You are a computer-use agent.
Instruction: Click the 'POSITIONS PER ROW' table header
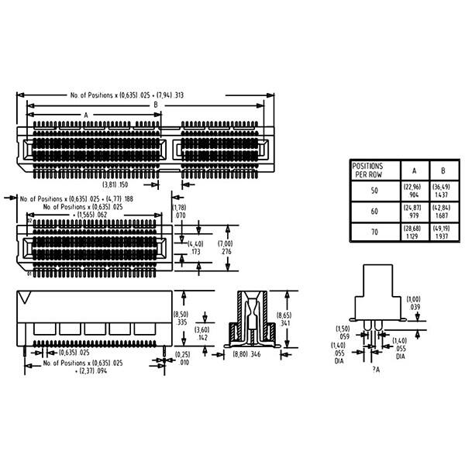[x=368, y=170]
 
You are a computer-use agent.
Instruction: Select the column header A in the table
[x=413, y=170]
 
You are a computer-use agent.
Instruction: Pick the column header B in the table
[x=443, y=170]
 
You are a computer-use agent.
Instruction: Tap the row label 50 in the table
[x=375, y=191]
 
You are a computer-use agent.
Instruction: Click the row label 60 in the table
[x=375, y=211]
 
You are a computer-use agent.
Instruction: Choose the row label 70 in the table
[x=375, y=232]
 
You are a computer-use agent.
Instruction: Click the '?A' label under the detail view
[x=375, y=370]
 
